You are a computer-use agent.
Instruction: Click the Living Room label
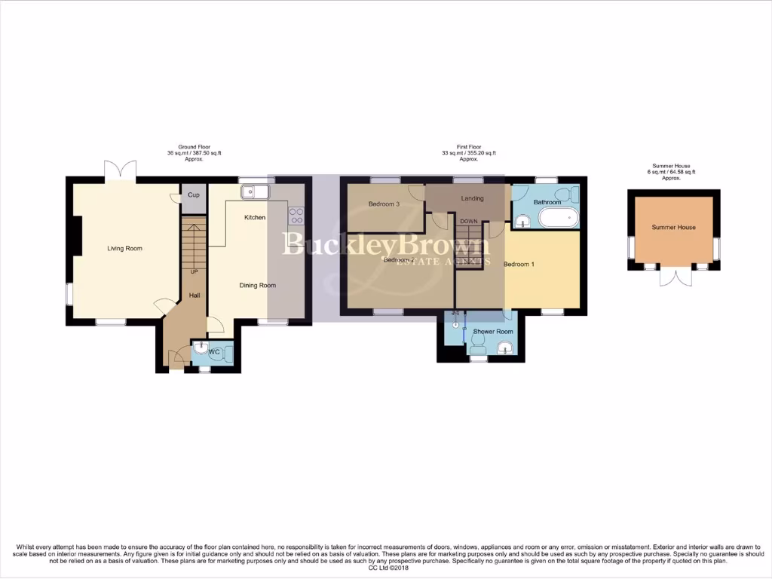(x=124, y=248)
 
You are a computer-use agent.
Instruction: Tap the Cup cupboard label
(x=193, y=195)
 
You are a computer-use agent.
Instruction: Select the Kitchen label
(x=254, y=217)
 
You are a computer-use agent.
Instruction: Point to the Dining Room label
(x=257, y=285)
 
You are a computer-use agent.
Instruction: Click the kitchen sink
(x=255, y=192)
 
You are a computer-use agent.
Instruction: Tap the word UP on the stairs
(x=194, y=271)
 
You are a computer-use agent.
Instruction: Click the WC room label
(x=213, y=352)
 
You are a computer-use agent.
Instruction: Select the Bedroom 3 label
(x=384, y=204)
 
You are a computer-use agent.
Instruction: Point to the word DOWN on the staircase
(x=469, y=221)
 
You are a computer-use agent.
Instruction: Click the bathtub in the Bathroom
(x=557, y=219)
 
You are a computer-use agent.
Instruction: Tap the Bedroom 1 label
(x=519, y=264)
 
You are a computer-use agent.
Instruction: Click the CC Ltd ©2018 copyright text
(x=385, y=568)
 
